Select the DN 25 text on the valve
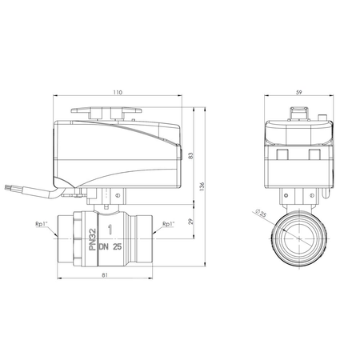(112, 248)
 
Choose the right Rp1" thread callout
(168, 224)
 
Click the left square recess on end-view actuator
(284, 152)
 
